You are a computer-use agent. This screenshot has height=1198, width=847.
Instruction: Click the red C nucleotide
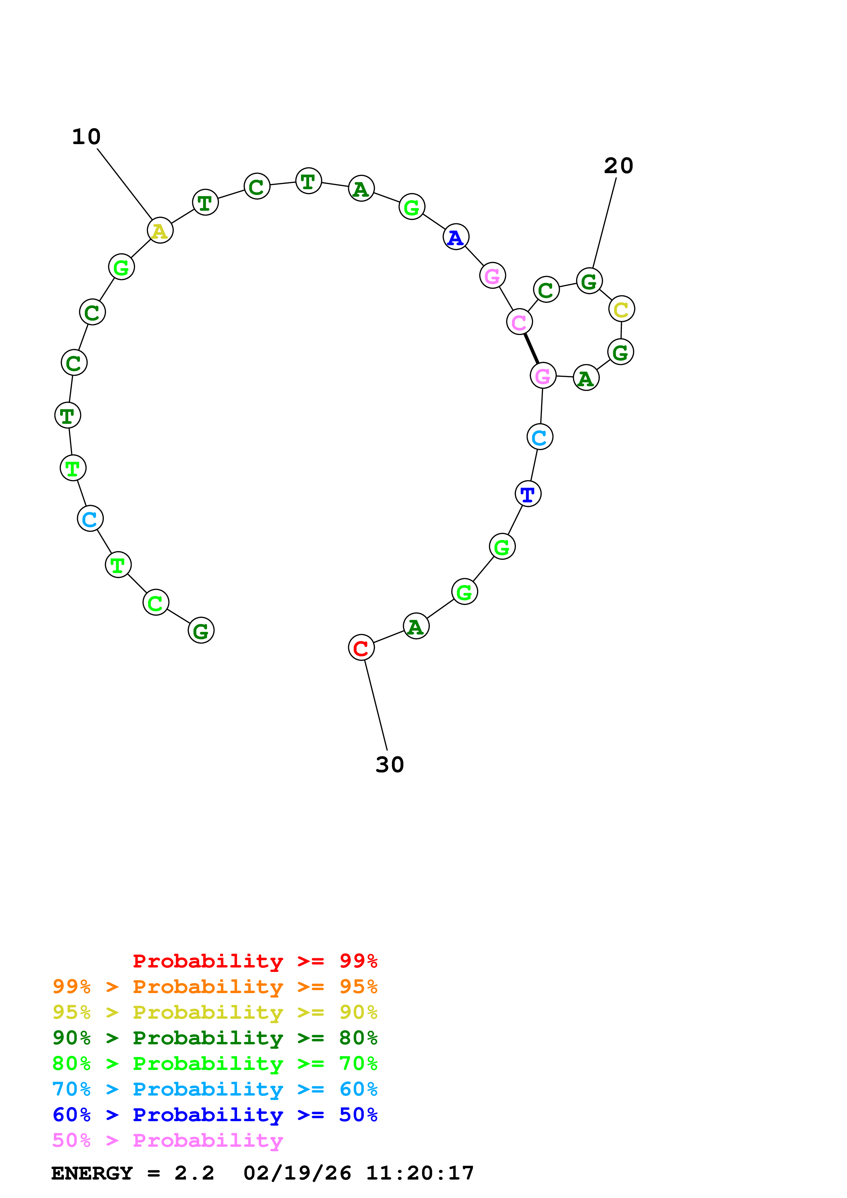(361, 647)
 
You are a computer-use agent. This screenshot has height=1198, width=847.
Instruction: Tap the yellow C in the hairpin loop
(621, 309)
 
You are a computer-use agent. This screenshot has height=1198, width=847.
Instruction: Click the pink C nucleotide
(519, 322)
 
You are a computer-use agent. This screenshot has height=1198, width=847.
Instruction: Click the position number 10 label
(86, 137)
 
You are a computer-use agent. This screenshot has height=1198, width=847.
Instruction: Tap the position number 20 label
(618, 166)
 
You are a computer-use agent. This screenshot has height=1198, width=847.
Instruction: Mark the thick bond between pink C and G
(531, 349)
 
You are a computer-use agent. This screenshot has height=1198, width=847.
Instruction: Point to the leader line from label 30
(376, 705)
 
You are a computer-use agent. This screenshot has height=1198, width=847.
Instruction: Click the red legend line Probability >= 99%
(255, 961)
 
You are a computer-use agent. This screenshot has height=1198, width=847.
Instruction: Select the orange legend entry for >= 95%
(215, 986)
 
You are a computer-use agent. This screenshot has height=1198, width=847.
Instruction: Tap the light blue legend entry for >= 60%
(215, 1089)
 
